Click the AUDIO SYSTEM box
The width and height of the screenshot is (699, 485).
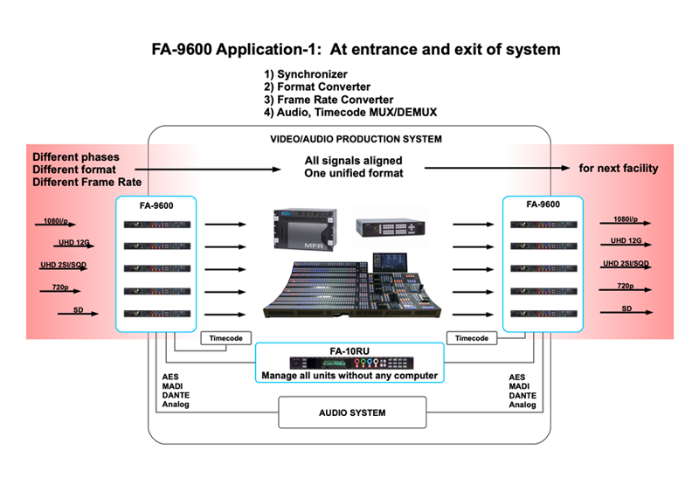pyautogui.click(x=350, y=412)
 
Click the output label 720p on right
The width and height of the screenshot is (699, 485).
pyautogui.click(x=625, y=286)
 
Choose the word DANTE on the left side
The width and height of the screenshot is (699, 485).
pyautogui.click(x=176, y=393)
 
